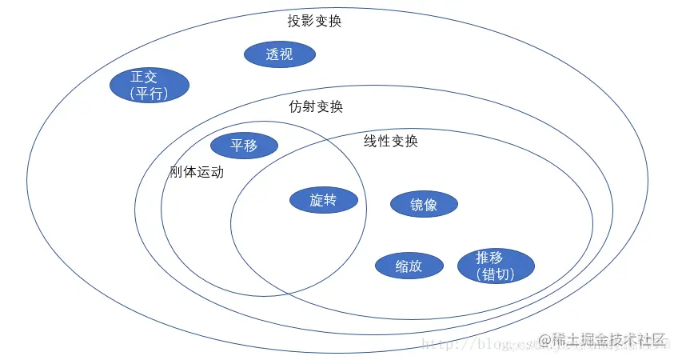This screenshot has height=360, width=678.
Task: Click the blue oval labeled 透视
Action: point(279,54)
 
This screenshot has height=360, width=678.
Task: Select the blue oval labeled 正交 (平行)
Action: point(149,85)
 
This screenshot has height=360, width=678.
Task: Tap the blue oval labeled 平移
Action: point(244,146)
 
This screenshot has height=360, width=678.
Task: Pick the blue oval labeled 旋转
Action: point(323,200)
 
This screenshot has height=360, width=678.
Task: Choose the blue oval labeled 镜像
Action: point(424,204)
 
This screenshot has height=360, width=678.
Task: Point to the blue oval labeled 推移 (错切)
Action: point(495,266)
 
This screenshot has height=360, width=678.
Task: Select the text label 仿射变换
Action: point(316,106)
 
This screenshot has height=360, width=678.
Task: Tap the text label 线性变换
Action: point(391,141)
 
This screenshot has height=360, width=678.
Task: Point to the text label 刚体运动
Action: point(197,172)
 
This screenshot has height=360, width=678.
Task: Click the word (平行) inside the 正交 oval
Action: point(149,93)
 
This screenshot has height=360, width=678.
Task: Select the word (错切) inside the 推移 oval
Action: point(495,274)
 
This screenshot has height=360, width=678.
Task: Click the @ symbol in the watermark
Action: point(544,341)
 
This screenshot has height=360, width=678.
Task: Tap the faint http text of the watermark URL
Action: point(436,344)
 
